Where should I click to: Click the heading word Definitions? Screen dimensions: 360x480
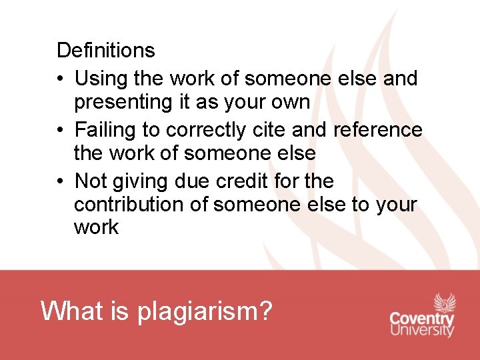coord(105,50)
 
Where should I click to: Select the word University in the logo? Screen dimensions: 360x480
coord(421,329)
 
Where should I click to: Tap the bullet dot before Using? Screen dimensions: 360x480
coord(61,79)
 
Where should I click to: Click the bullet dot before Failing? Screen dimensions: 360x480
coord(61,130)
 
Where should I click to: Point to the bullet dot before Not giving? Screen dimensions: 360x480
coord(61,181)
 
